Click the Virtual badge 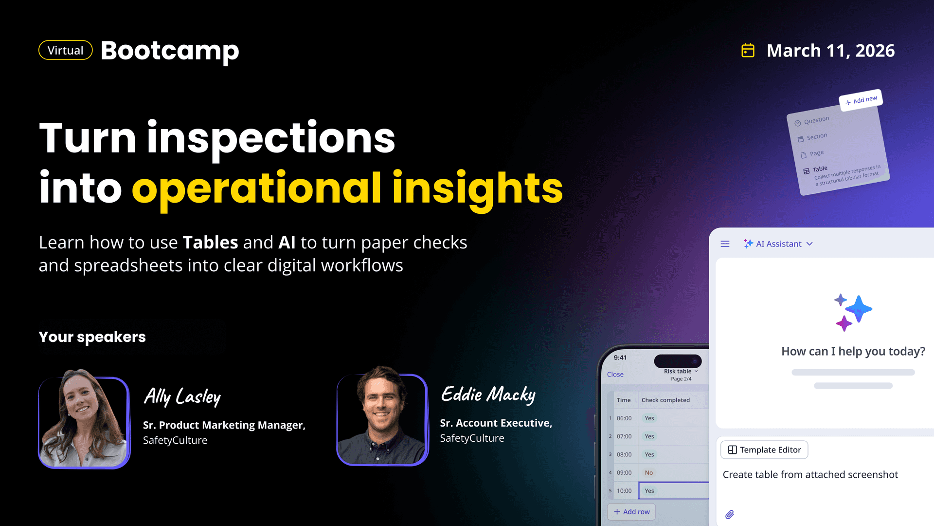pyautogui.click(x=66, y=50)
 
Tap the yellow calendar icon pyautogui.click(x=748, y=50)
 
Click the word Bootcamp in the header pyautogui.click(x=170, y=51)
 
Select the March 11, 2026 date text pyautogui.click(x=830, y=51)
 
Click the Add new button pyautogui.click(x=861, y=100)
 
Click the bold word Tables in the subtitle pyautogui.click(x=210, y=243)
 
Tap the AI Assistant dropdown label pyautogui.click(x=778, y=244)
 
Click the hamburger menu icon pyautogui.click(x=725, y=244)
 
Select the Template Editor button pyautogui.click(x=764, y=450)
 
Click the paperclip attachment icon pyautogui.click(x=730, y=514)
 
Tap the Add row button pyautogui.click(x=631, y=512)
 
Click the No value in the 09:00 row pyautogui.click(x=649, y=473)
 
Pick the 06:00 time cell pyautogui.click(x=624, y=418)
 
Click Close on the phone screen pyautogui.click(x=615, y=375)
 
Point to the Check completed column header pyautogui.click(x=665, y=400)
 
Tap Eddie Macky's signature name pyautogui.click(x=488, y=395)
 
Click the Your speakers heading pyautogui.click(x=92, y=337)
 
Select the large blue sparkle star pyautogui.click(x=859, y=309)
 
